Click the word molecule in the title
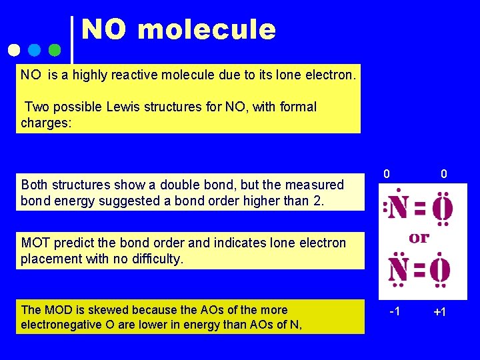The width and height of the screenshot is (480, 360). click(x=207, y=30)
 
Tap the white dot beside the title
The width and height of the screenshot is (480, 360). click(x=15, y=50)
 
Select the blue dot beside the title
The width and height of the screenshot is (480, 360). click(x=35, y=50)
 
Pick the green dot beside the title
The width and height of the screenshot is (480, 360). click(x=55, y=50)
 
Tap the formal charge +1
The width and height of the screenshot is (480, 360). click(x=439, y=313)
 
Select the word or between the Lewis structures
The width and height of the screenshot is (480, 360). click(x=419, y=238)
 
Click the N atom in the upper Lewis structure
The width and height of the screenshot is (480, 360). click(x=399, y=210)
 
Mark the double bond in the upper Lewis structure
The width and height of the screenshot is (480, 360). click(x=420, y=210)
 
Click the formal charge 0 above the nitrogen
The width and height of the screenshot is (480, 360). click(x=387, y=174)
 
